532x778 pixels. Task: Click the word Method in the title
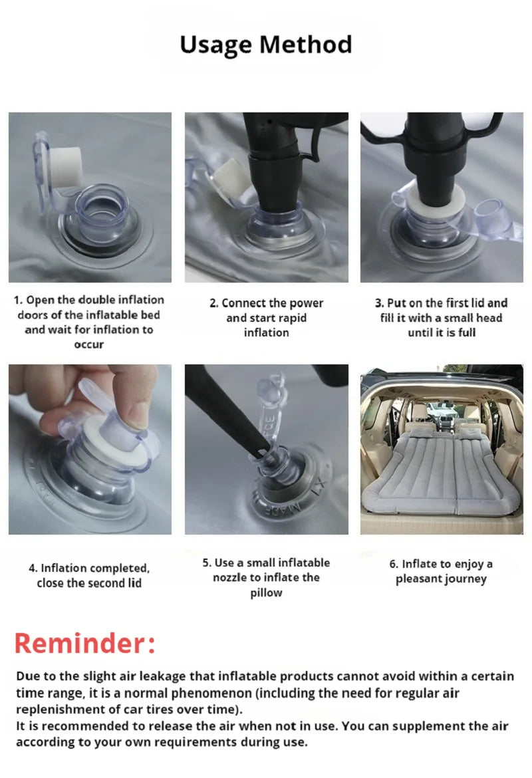(x=306, y=44)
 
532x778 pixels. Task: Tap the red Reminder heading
(x=85, y=643)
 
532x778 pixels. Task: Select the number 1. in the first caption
(x=19, y=300)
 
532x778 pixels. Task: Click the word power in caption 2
(x=306, y=303)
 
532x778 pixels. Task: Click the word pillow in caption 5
(x=266, y=593)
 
